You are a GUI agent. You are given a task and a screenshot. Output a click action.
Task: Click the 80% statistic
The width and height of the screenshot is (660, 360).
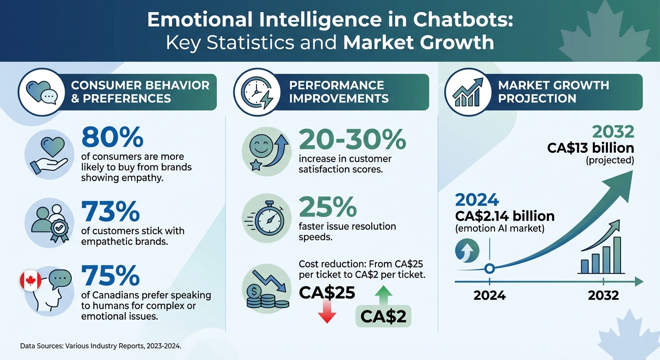pos(112,137)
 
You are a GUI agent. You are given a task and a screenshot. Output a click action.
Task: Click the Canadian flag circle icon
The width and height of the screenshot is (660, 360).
pos(30,280)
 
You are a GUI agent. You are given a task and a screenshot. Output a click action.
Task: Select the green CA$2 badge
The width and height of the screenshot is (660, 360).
pos(383,317)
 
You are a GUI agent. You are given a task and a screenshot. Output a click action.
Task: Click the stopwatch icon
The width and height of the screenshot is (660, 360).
pos(266,217)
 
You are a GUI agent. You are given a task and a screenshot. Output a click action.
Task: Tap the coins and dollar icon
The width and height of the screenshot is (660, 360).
pos(266,291)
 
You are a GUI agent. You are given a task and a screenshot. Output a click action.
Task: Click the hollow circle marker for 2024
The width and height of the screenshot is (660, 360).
pos(489,269)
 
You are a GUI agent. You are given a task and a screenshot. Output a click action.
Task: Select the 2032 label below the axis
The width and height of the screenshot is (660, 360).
pos(603,296)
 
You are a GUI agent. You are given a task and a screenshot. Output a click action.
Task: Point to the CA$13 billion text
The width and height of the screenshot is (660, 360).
pos(590,148)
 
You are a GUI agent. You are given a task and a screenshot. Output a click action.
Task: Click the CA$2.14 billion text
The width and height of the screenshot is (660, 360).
pos(505,216)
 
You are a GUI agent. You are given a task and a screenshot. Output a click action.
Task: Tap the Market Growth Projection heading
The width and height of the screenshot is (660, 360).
pos(553,92)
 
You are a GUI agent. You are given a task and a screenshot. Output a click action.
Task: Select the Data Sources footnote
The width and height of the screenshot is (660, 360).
pos(100,346)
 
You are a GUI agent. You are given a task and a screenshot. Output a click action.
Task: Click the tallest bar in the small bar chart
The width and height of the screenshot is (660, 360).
pos(617,255)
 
